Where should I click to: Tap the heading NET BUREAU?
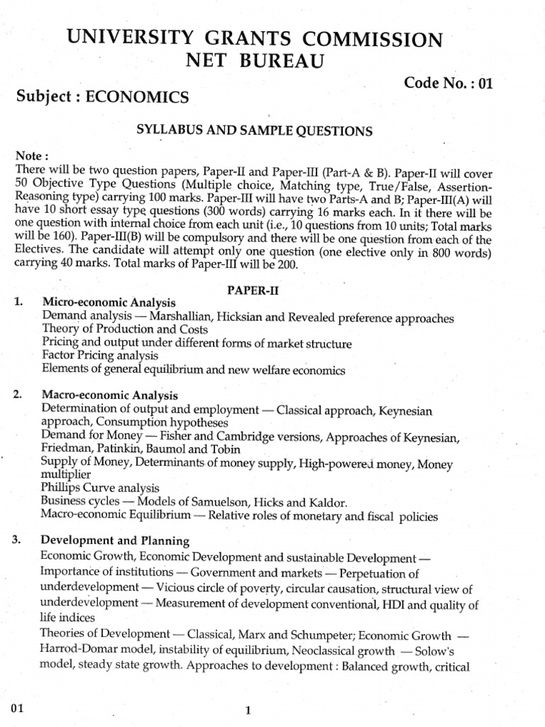click(x=255, y=62)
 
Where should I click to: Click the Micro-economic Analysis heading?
click(x=109, y=303)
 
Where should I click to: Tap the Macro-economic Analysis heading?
click(x=110, y=395)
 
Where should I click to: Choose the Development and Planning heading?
click(x=115, y=542)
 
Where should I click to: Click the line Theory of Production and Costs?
click(x=125, y=329)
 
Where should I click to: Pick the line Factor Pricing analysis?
click(x=99, y=356)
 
